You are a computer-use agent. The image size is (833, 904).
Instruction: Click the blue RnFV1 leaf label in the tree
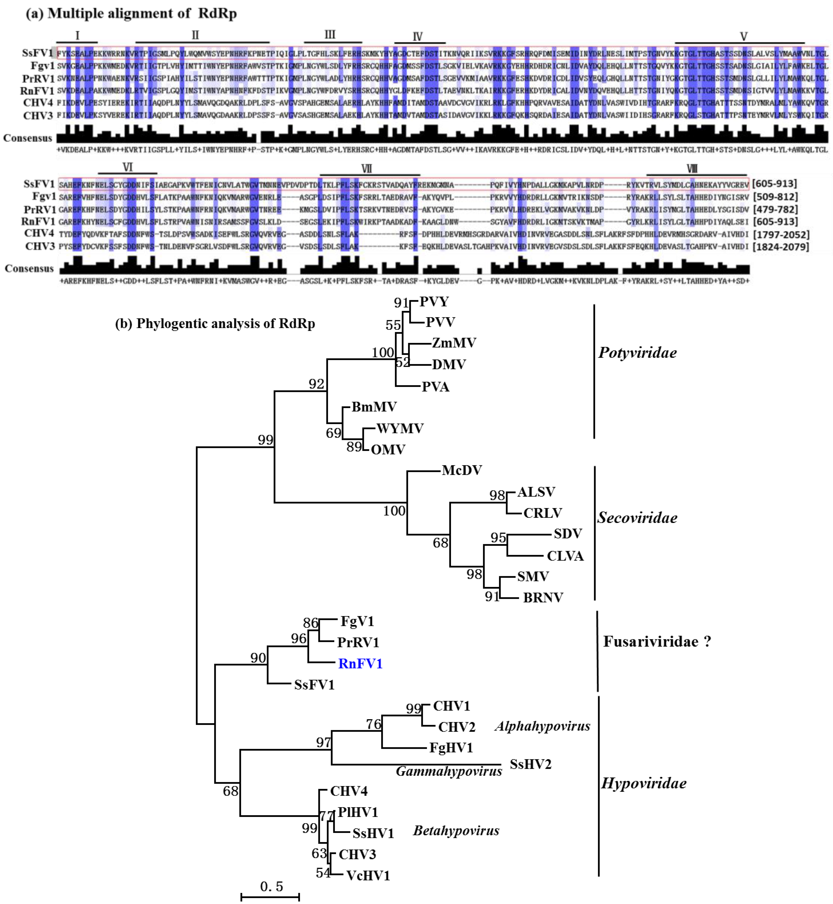(360, 664)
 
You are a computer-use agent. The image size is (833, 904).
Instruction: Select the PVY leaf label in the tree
(434, 302)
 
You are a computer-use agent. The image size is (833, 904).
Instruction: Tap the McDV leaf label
(462, 470)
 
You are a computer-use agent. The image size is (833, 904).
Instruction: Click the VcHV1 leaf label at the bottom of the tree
(368, 876)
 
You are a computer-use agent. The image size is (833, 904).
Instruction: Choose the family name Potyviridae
(637, 353)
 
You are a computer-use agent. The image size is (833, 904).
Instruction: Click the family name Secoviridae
(637, 518)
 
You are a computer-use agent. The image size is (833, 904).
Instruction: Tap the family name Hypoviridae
(644, 783)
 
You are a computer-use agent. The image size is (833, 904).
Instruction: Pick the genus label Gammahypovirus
(448, 771)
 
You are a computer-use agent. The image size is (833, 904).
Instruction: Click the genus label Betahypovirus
(456, 831)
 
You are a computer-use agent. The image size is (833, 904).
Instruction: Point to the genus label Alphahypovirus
(542, 726)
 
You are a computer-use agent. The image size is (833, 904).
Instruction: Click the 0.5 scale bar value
(271, 886)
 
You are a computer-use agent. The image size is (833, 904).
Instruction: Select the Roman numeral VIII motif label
(692, 168)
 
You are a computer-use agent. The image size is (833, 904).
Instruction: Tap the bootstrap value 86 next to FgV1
(311, 623)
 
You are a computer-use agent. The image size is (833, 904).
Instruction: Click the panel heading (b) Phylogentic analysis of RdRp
(215, 323)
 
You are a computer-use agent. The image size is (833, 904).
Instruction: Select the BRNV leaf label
(543, 598)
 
